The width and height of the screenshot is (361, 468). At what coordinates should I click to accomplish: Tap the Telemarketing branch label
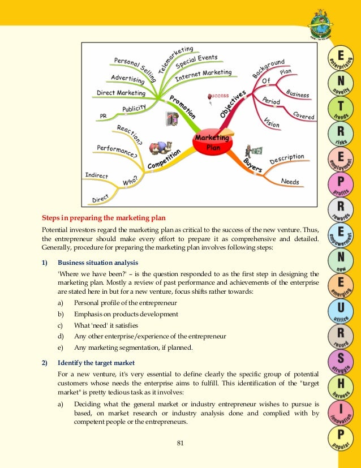176,59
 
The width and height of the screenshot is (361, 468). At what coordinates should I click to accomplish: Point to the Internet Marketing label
204,73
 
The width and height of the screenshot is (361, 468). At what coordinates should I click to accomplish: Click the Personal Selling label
134,67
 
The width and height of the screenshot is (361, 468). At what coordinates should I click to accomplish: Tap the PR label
103,116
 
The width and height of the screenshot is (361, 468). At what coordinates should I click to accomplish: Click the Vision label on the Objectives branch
272,122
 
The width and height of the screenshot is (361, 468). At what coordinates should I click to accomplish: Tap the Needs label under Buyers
290,182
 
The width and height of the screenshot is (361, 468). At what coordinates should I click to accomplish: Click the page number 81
180,443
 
